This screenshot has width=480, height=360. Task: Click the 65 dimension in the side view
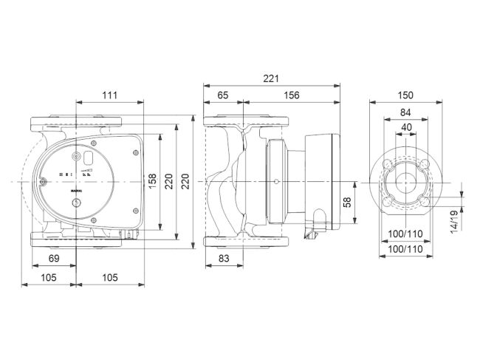click(222, 95)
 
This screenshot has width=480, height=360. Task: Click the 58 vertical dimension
click(348, 201)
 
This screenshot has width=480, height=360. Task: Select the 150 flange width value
click(405, 95)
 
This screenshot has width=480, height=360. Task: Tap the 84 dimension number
click(405, 112)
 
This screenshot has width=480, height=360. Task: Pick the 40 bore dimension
click(405, 127)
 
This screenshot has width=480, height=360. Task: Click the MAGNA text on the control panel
click(78, 190)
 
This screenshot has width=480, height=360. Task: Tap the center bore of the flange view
click(405, 181)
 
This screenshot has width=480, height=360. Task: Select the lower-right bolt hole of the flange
click(422, 198)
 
